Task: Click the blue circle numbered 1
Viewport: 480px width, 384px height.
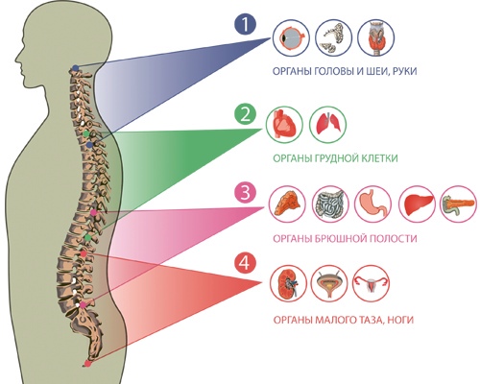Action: [245, 25]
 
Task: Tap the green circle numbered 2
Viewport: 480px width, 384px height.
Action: [245, 115]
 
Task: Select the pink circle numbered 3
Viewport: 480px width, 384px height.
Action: [245, 194]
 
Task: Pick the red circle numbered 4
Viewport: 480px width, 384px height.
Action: [245, 263]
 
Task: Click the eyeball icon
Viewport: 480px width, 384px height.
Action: [291, 37]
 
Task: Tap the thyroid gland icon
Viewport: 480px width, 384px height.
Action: [376, 37]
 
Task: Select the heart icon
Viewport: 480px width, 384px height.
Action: [284, 125]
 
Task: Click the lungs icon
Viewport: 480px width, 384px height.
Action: [328, 125]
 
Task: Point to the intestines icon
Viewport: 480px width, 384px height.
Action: [330, 204]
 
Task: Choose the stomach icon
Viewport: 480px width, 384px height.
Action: [373, 204]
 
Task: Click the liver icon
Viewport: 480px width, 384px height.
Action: [418, 204]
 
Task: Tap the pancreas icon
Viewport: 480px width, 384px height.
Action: [459, 204]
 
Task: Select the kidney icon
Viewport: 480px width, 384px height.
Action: [288, 283]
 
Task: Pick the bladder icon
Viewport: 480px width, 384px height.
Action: [329, 283]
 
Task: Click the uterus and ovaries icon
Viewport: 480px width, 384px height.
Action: [372, 283]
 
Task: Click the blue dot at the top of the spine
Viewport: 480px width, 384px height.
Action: [75, 68]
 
